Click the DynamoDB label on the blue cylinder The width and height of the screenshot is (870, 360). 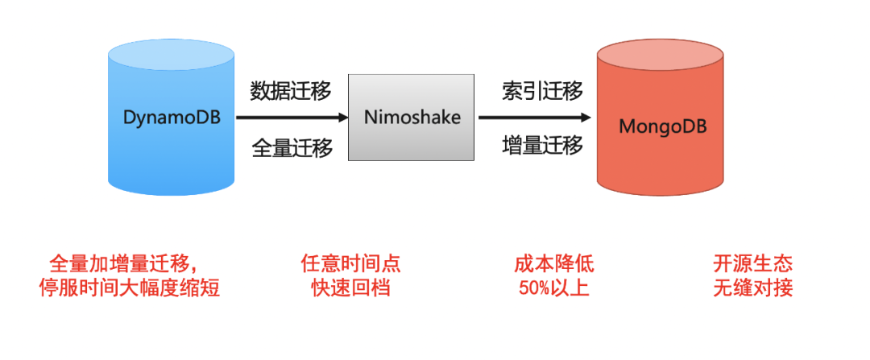pyautogui.click(x=172, y=118)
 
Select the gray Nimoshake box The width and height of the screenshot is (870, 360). pyautogui.click(x=411, y=118)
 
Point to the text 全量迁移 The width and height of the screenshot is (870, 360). pyautogui.click(x=292, y=148)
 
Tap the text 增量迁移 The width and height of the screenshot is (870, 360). pyautogui.click(x=542, y=146)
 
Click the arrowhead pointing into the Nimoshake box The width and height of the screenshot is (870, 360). pyautogui.click(x=342, y=118)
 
